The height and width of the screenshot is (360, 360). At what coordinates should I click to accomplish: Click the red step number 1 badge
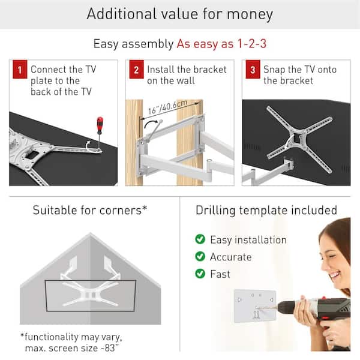19,70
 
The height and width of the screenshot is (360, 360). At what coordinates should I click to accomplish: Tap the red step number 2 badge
135,70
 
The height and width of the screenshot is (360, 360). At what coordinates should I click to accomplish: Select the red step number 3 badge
251,70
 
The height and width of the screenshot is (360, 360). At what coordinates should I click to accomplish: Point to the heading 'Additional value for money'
180,14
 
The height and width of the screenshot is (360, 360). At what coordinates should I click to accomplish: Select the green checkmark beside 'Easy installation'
200,240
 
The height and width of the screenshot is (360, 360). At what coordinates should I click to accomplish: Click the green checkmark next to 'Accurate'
200,257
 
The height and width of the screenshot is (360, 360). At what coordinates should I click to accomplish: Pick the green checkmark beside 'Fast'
200,274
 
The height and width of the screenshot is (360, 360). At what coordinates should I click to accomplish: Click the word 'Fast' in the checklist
220,274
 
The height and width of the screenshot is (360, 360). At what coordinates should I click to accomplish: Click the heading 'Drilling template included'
266,211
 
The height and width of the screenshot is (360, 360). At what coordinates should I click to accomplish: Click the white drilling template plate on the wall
255,307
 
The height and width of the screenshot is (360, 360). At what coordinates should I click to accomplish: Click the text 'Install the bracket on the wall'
187,75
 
